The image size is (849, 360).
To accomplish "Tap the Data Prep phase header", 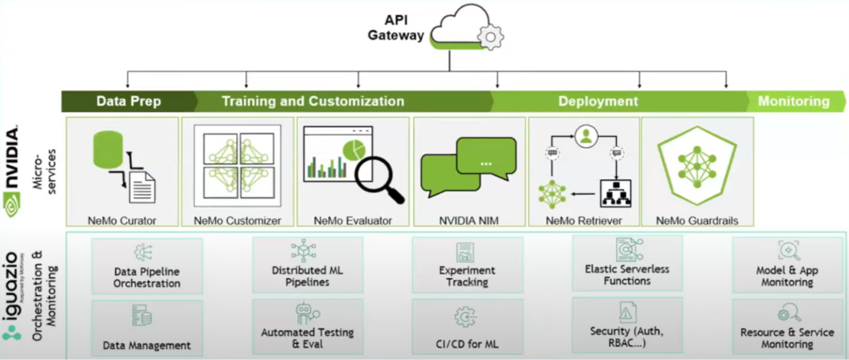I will [x=129, y=101].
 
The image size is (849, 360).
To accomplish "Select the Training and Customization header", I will [x=313, y=101].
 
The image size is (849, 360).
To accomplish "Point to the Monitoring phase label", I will [x=793, y=101].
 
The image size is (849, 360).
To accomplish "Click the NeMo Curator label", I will [x=122, y=221].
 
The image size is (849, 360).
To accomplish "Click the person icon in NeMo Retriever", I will [x=586, y=134].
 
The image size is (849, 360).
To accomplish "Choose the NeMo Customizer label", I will [x=237, y=221].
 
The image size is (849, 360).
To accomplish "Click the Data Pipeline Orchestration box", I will [x=148, y=265].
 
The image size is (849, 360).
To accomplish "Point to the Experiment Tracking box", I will [x=467, y=265].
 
